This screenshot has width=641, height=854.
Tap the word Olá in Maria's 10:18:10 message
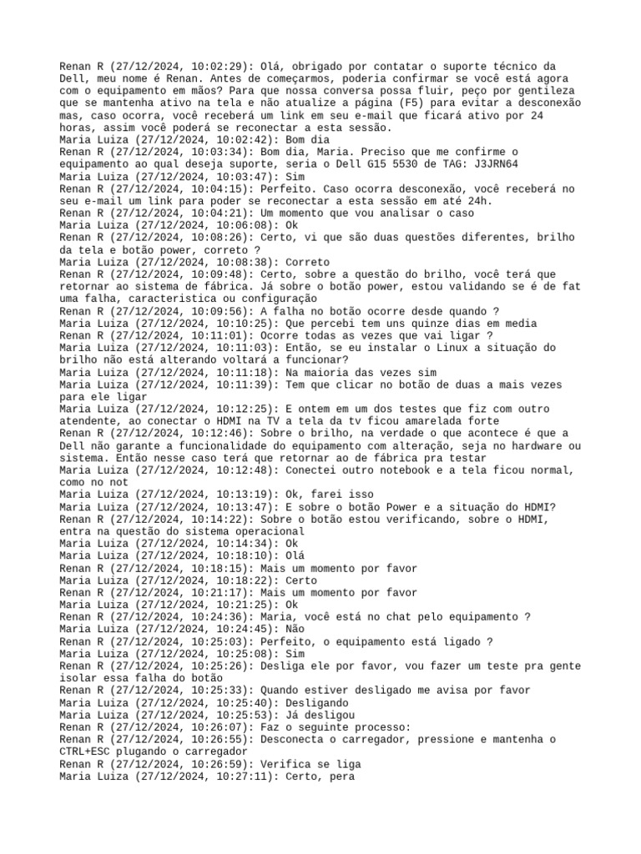tap(295, 555)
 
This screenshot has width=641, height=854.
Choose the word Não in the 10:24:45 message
tap(295, 629)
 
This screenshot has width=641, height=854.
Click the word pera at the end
tap(341, 776)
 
